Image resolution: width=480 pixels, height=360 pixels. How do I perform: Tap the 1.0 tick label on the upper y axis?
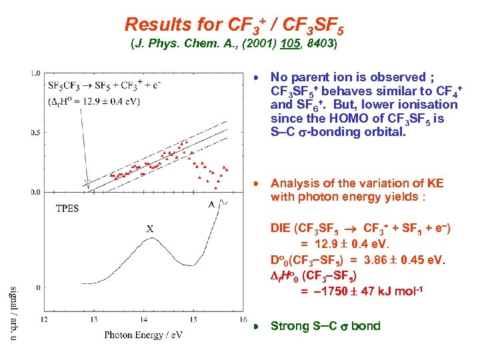[36, 73]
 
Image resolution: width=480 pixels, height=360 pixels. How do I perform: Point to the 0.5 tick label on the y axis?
[36, 133]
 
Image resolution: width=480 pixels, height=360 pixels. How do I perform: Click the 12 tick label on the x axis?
[45, 320]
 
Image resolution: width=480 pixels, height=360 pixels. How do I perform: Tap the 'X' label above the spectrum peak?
[150, 229]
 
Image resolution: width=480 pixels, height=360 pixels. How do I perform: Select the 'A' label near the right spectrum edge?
[211, 204]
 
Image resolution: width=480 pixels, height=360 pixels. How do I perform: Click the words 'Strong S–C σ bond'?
[325, 326]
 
